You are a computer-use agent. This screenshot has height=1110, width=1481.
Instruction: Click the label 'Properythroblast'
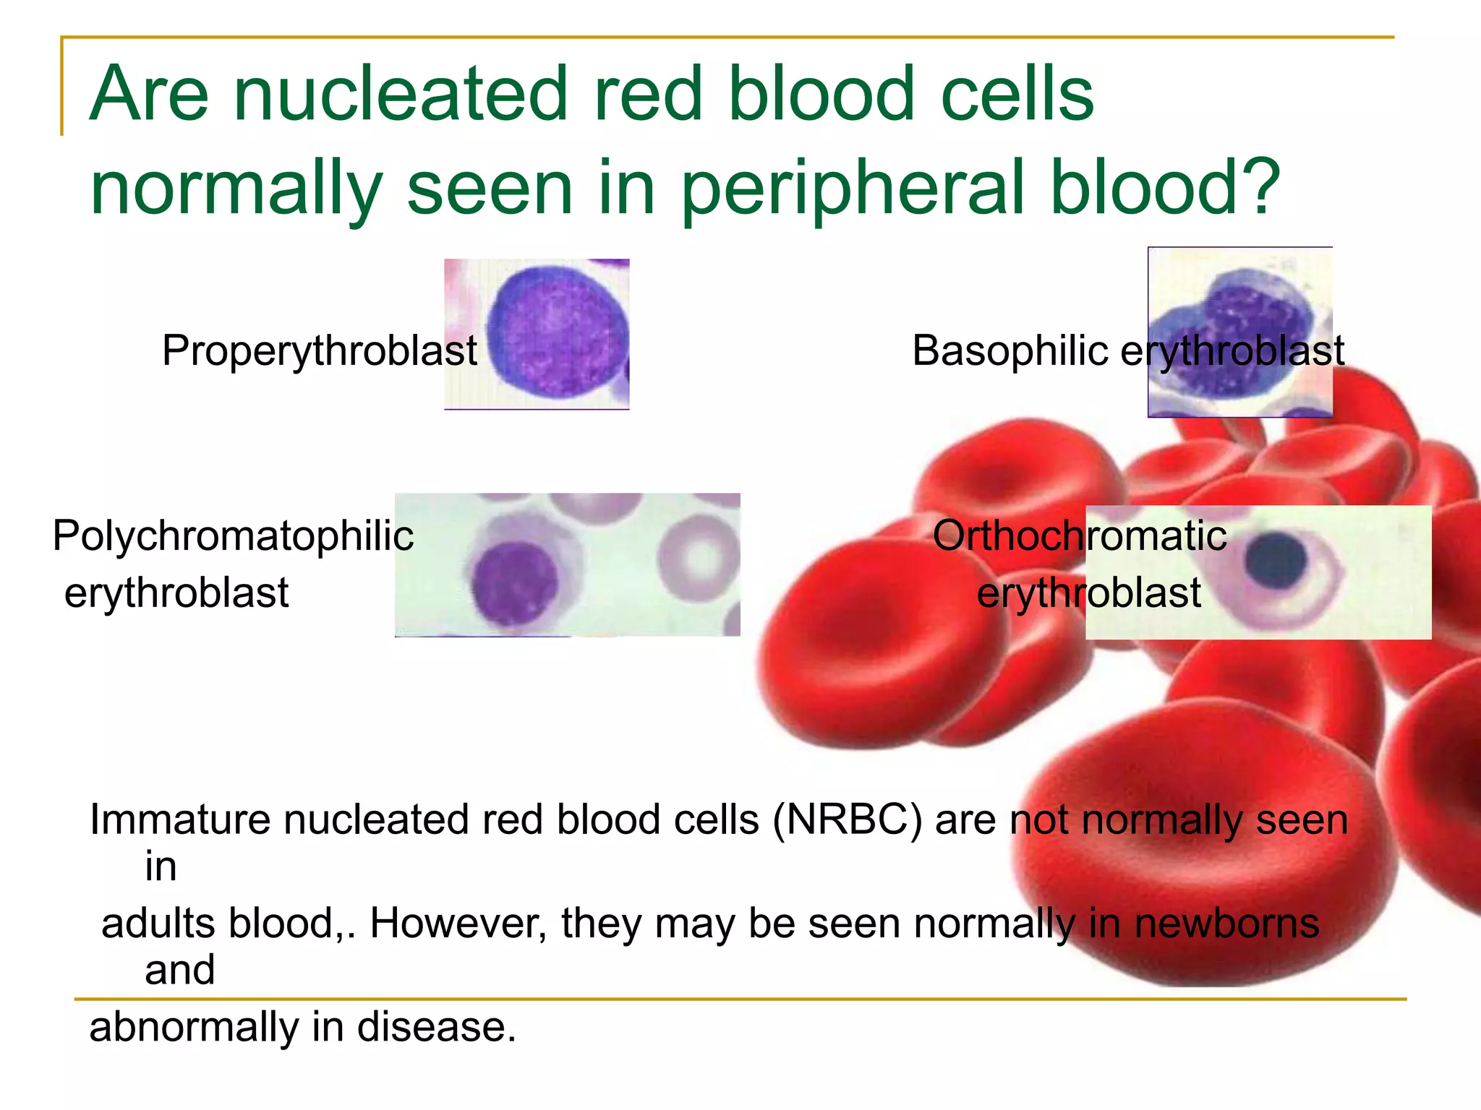tap(319, 351)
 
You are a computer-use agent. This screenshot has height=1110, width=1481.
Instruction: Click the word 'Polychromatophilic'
tap(233, 537)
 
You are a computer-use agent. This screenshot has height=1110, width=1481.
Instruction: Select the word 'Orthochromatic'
tap(1079, 536)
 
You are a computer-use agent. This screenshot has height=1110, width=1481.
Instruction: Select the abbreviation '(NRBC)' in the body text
tap(847, 820)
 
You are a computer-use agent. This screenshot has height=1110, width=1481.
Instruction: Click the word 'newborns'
tap(1226, 924)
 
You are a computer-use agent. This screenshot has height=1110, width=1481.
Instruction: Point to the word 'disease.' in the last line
tap(437, 1027)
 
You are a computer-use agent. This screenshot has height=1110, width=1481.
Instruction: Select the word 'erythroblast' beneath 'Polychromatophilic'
tap(176, 593)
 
